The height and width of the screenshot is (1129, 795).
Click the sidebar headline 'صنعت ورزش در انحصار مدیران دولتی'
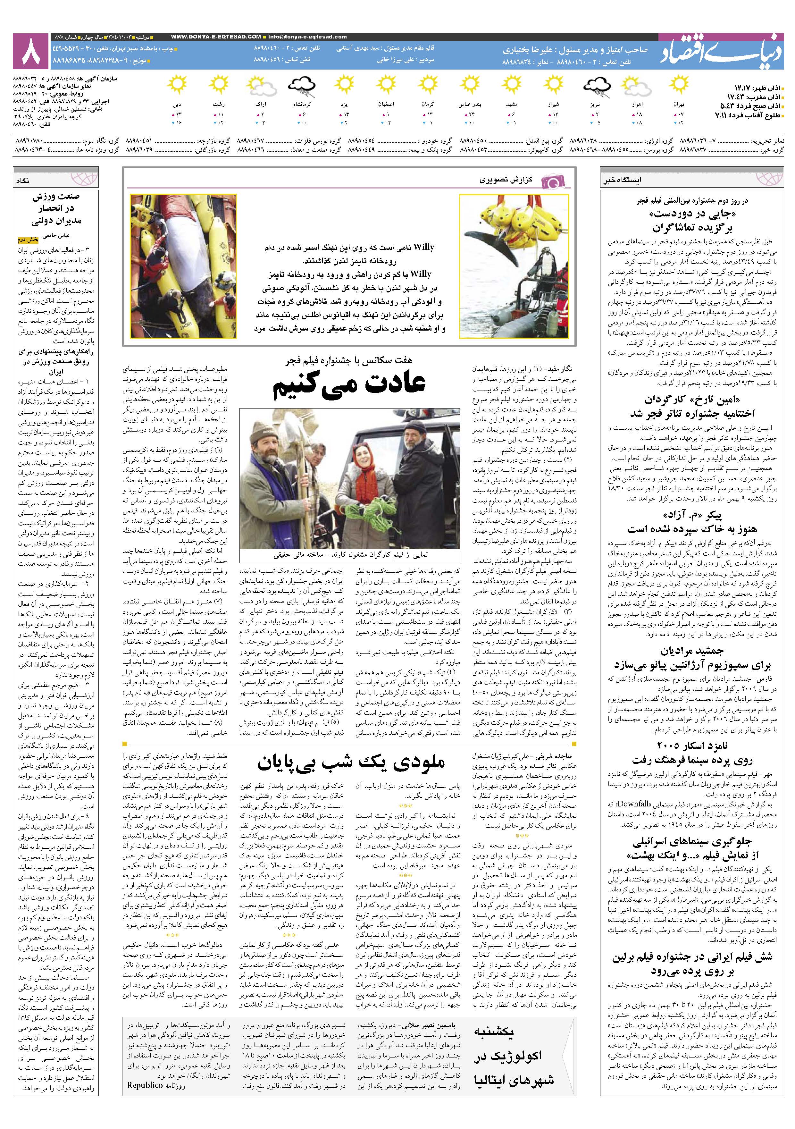click(56, 209)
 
